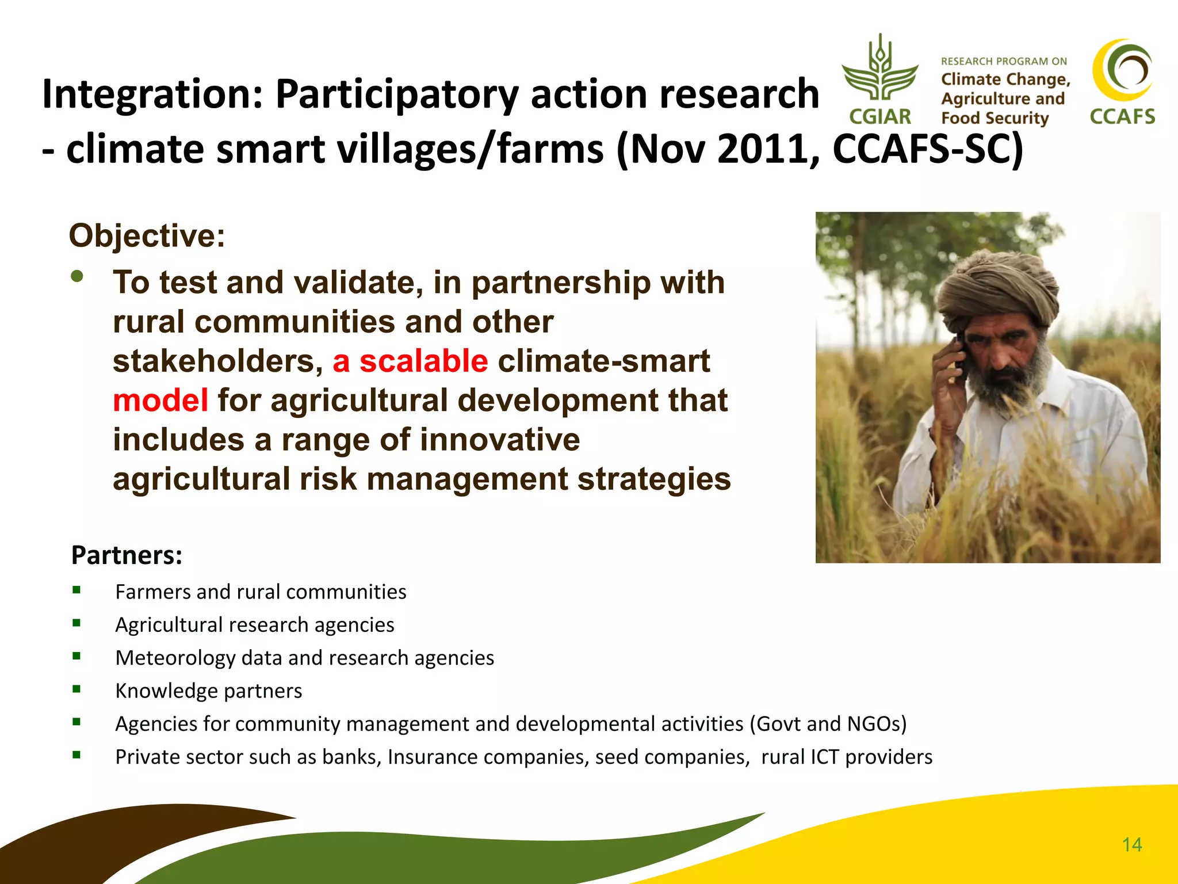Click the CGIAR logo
[880, 81]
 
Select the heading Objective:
[147, 235]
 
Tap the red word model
[160, 401]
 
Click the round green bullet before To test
[77, 277]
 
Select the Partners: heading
[127, 555]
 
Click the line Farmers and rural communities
[261, 592]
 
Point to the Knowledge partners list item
[208, 691]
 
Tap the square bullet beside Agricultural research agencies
[77, 623]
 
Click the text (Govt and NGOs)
[828, 724]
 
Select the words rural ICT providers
[846, 757]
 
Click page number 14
[1131, 845]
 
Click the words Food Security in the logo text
[995, 119]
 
